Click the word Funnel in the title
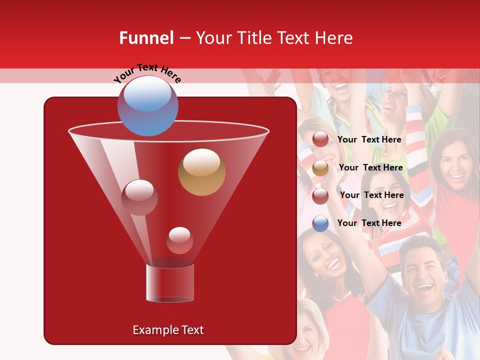146,38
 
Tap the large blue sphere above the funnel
147,106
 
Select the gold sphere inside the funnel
201,172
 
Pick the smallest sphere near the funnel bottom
179,240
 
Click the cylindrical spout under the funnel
170,282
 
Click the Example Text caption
168,330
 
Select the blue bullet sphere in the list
320,223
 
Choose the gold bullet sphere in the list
320,168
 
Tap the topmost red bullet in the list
320,139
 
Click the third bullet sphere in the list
320,195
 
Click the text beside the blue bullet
369,223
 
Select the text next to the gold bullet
370,167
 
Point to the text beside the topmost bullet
369,139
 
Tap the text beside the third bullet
371,195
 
